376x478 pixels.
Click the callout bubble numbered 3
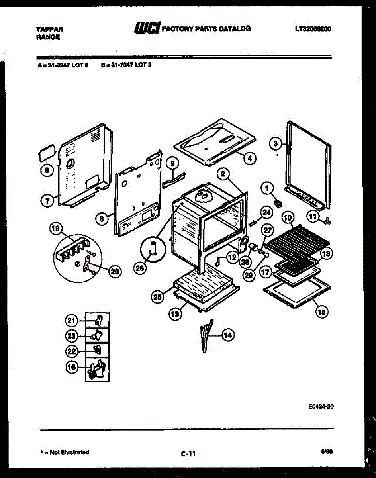pos(275,143)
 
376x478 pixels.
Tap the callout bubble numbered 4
pos(249,158)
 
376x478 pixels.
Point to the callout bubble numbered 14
pos(227,335)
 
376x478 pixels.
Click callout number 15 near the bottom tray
pos(322,312)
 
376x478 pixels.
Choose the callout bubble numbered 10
pos(288,217)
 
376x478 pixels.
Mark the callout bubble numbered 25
pos(158,297)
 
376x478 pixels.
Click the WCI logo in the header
pos(148,28)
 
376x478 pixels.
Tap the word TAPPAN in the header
pos(49,29)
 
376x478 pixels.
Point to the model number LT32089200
pos(313,29)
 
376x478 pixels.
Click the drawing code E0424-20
pos(321,406)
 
